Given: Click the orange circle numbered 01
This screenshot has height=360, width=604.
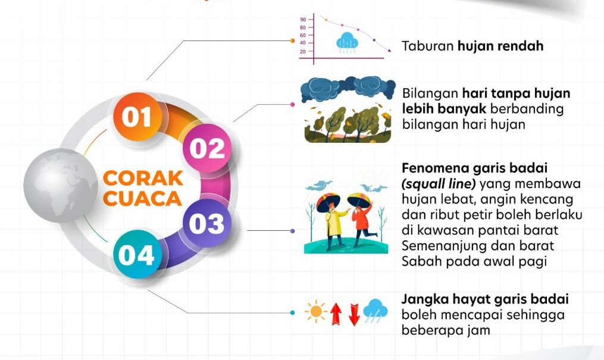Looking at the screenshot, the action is click(x=137, y=117).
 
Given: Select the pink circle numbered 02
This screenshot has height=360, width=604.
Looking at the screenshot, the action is click(x=207, y=148).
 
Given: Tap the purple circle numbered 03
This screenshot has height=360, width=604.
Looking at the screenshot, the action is click(x=206, y=223).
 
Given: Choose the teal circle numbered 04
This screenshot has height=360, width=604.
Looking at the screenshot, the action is click(x=137, y=254).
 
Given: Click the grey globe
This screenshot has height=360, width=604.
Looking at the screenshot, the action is click(x=61, y=186).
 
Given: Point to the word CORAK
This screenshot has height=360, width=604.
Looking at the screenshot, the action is click(x=143, y=179).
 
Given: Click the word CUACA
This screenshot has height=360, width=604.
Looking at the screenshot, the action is click(x=142, y=198).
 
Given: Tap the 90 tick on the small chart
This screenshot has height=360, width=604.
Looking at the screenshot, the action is click(x=303, y=20).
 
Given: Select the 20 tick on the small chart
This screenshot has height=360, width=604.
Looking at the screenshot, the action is click(x=303, y=52).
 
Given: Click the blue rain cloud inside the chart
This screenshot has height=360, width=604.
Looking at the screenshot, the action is click(x=347, y=42).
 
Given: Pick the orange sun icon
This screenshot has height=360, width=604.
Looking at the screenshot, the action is click(x=316, y=311).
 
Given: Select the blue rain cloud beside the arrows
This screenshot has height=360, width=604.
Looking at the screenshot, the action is click(x=375, y=311).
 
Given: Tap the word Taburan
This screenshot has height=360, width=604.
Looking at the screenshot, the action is click(x=428, y=46).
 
